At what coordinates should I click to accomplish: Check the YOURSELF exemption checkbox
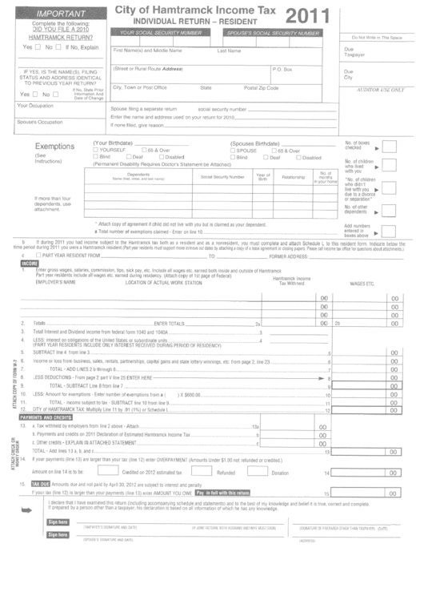[x=96, y=150]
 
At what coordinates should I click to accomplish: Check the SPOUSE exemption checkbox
[x=233, y=150]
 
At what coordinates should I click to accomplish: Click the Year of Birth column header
[x=263, y=176]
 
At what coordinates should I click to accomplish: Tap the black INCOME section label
[x=30, y=263]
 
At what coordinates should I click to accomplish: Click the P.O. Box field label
[x=283, y=69]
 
